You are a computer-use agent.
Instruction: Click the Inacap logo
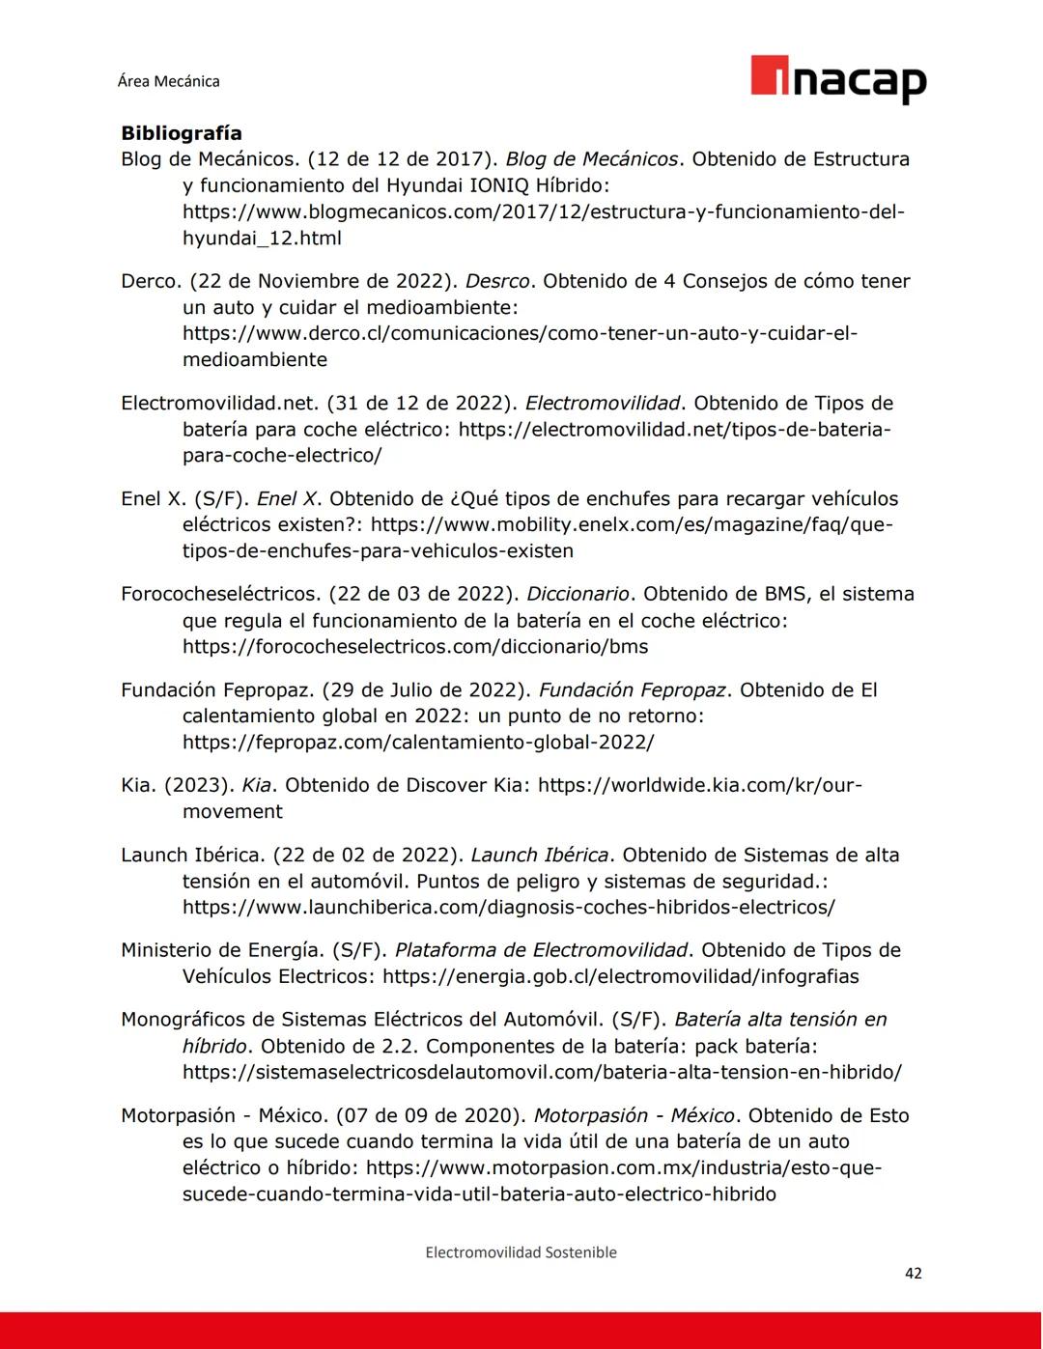837,80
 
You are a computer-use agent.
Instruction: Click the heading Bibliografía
181,133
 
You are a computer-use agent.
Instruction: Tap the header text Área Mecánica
168,81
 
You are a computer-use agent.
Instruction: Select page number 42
913,1273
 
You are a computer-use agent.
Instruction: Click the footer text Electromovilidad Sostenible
521,1251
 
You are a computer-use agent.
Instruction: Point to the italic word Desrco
497,281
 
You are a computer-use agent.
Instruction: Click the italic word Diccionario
578,594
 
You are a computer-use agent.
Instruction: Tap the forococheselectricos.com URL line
415,646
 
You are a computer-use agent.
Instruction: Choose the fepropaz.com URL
418,742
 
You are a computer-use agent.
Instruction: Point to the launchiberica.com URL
508,907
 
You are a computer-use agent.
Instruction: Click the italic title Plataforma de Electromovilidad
541,950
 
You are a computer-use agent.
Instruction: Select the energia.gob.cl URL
620,976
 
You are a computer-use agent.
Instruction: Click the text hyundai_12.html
262,238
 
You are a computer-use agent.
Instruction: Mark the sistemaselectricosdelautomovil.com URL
542,1072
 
